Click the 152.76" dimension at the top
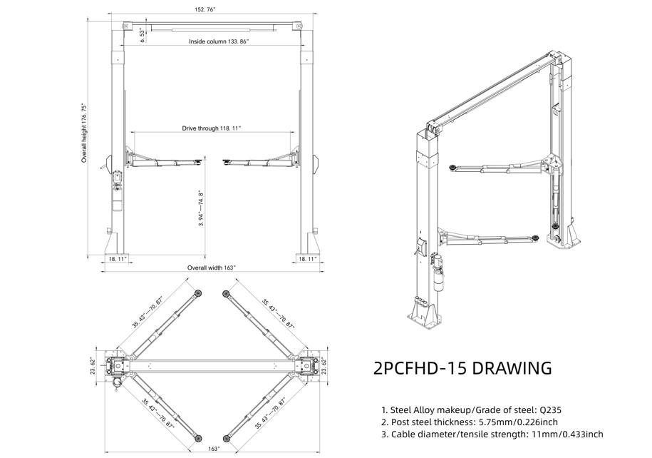tap(205, 10)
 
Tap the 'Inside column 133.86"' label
tap(219, 42)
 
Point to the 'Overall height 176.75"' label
tap(84, 132)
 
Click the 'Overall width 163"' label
tap(211, 268)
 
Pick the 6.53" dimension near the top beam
tap(143, 36)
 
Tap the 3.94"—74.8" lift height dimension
tap(202, 208)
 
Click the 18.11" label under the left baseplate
tap(118, 259)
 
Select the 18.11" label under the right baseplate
tap(308, 259)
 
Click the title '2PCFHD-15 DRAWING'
tap(462, 368)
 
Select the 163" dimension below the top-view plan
tap(213, 449)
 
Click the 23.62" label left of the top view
tap(93, 365)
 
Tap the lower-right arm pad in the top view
tap(226, 437)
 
